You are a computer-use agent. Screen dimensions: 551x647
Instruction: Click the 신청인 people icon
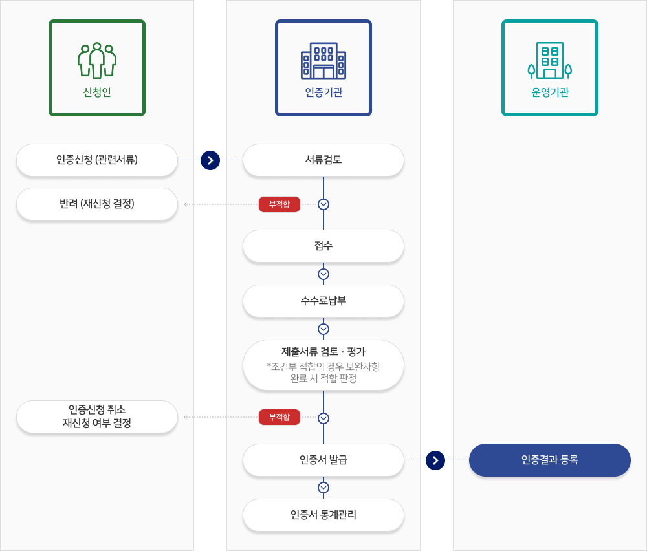click(x=97, y=61)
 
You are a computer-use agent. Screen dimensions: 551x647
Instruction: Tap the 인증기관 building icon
click(x=323, y=61)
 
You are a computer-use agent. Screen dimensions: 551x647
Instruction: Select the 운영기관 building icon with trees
click(x=550, y=61)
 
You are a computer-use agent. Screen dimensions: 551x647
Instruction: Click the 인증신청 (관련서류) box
click(x=97, y=160)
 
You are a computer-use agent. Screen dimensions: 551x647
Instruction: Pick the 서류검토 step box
click(x=323, y=160)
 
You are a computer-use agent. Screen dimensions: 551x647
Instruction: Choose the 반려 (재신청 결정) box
click(x=97, y=204)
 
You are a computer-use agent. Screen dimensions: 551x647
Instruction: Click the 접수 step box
click(x=323, y=246)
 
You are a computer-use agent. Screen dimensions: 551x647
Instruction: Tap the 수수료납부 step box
click(x=323, y=301)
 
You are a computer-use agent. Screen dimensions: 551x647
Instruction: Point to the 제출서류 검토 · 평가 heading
click(x=323, y=352)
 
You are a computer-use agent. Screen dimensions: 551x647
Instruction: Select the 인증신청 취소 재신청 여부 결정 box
click(x=97, y=416)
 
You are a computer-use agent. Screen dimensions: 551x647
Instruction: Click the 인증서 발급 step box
click(x=323, y=460)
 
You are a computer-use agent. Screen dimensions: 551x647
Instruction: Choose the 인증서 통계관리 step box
click(x=323, y=515)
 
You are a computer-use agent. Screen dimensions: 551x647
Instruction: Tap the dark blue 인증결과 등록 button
click(x=550, y=460)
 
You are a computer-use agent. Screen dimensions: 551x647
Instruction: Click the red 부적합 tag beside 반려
click(x=280, y=204)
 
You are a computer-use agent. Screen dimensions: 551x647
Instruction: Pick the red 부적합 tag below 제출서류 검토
click(x=280, y=417)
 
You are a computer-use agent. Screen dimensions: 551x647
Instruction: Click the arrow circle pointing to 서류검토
click(x=210, y=160)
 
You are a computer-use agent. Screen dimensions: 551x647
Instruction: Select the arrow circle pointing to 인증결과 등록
click(x=435, y=460)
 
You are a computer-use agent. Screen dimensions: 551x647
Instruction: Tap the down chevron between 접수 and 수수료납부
click(x=323, y=274)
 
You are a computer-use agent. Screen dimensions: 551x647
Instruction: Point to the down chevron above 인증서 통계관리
click(x=323, y=488)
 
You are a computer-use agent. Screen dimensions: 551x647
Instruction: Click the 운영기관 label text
click(x=550, y=92)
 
